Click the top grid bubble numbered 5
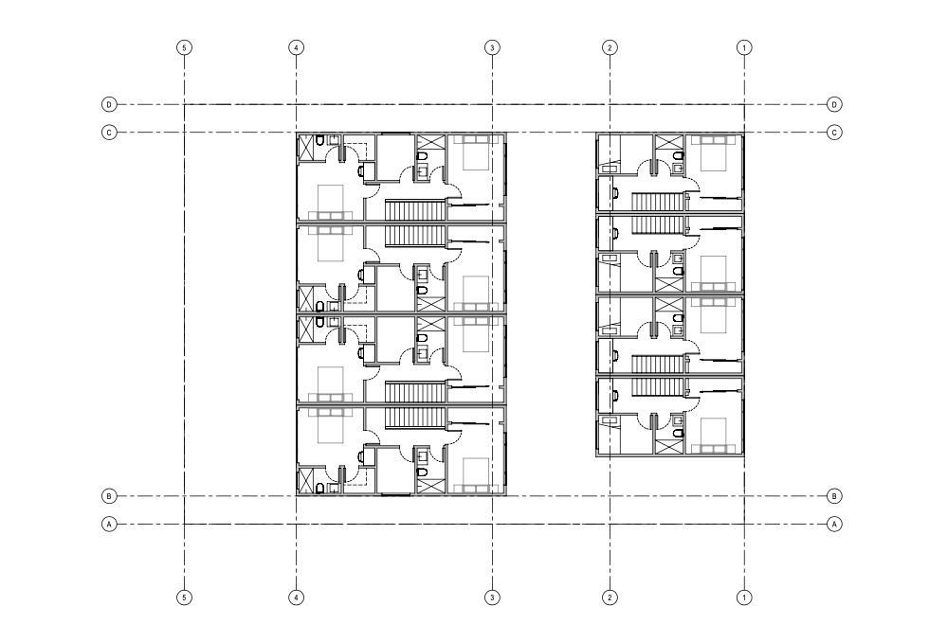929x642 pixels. [185, 47]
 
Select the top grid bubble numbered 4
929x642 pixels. [297, 47]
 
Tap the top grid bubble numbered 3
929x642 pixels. [492, 47]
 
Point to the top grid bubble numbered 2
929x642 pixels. [610, 47]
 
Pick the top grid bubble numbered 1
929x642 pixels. [744, 47]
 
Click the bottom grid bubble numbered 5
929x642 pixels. [185, 597]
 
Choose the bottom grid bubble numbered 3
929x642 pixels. [492, 597]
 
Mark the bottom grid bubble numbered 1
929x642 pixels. [744, 597]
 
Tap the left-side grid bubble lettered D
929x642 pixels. [109, 104]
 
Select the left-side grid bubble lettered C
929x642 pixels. [109, 133]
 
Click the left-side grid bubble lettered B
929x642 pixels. [109, 495]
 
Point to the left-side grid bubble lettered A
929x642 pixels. [109, 524]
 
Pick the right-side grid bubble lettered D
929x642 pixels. [834, 104]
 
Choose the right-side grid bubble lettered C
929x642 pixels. [834, 133]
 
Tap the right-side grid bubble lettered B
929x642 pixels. [834, 495]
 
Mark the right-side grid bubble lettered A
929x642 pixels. [834, 524]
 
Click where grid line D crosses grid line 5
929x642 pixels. [185, 104]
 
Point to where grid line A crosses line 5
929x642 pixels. [185, 524]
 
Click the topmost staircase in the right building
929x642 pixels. [658, 202]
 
